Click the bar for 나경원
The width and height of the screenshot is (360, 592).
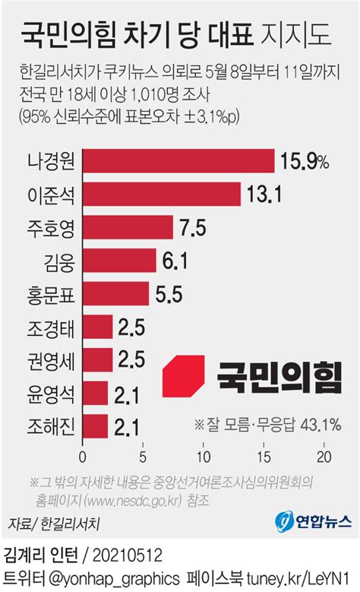[178, 161]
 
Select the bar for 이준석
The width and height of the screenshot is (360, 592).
[162, 194]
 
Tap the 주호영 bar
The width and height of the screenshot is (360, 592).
[128, 227]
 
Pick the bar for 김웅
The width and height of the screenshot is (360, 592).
[120, 260]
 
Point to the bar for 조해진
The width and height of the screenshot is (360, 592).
[96, 426]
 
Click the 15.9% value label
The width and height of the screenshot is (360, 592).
[305, 161]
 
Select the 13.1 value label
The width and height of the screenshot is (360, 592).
[264, 194]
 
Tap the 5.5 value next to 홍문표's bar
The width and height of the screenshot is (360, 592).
[169, 294]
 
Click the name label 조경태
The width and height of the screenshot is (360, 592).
[51, 328]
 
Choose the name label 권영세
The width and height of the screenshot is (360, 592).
[51, 360]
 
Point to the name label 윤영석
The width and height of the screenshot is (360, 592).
[51, 394]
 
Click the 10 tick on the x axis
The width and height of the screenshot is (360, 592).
[204, 457]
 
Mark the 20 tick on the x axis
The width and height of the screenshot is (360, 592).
[324, 457]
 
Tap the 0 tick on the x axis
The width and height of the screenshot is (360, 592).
[83, 457]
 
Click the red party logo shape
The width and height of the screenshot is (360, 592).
[183, 376]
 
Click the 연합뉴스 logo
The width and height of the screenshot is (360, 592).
[313, 521]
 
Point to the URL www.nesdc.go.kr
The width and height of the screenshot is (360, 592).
[134, 501]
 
